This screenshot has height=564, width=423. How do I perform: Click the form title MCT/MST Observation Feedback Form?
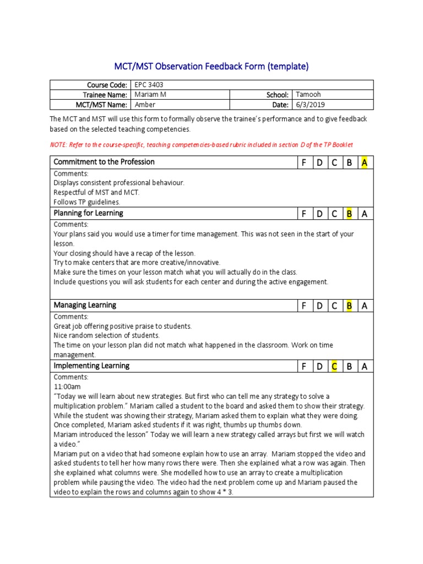211,67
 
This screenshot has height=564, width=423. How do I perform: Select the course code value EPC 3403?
148,85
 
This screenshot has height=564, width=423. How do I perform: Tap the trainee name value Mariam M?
150,95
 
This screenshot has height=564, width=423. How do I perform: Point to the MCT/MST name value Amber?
145,105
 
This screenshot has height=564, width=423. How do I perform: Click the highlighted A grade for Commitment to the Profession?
364,162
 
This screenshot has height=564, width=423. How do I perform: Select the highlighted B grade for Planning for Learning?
349,214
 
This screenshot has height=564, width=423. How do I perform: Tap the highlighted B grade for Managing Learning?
349,306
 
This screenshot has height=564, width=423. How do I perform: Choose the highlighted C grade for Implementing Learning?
334,366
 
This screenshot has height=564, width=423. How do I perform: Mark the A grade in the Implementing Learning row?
364,366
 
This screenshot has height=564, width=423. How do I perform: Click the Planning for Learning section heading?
88,213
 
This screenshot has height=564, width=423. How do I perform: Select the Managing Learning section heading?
85,305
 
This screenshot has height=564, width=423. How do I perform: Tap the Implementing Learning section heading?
91,366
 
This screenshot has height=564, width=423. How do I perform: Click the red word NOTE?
58,145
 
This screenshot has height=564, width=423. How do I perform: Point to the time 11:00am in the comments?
67,387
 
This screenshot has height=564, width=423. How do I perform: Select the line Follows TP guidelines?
86,202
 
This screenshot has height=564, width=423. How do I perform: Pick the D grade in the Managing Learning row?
319,306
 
